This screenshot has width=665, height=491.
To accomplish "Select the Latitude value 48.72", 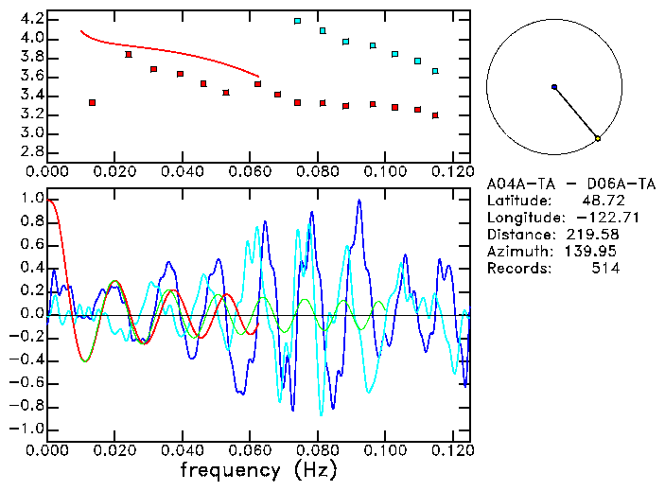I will click(601, 201).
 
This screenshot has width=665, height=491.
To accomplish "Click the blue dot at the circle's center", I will click(554, 87).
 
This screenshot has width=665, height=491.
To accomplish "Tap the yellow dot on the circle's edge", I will click(598, 139).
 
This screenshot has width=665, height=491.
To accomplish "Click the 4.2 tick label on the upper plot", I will click(30, 20).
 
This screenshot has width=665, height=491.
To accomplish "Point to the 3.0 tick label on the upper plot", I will click(30, 133).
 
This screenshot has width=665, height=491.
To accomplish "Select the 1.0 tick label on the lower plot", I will click(30, 200).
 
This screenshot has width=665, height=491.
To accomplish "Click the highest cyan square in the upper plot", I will click(297, 21).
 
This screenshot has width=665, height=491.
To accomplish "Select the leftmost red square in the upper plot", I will click(92, 102).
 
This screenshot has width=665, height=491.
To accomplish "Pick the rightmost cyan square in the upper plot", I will click(435, 71).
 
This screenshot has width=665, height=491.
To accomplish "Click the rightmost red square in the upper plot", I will click(435, 115).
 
